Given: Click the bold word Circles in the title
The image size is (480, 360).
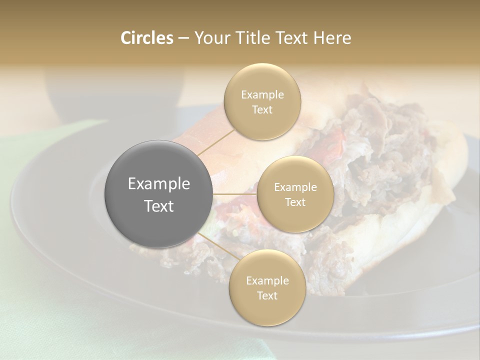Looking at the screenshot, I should (x=146, y=38).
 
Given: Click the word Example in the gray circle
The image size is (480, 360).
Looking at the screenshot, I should (x=159, y=184).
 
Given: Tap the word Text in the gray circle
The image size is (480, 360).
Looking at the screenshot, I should (x=159, y=206).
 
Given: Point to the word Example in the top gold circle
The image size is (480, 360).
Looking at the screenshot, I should (x=262, y=95).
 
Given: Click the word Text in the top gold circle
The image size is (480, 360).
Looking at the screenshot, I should (x=262, y=109).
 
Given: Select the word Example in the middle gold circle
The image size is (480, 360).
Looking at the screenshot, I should (x=295, y=187).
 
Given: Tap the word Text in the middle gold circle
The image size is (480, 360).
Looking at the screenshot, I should (x=295, y=202).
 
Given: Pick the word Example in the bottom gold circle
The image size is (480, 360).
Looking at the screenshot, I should (x=267, y=281).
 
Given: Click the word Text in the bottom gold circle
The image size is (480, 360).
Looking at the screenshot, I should (x=267, y=295).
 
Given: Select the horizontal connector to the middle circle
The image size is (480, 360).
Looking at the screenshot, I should (x=235, y=194).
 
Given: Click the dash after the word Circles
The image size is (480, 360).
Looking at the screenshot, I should (x=183, y=38).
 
